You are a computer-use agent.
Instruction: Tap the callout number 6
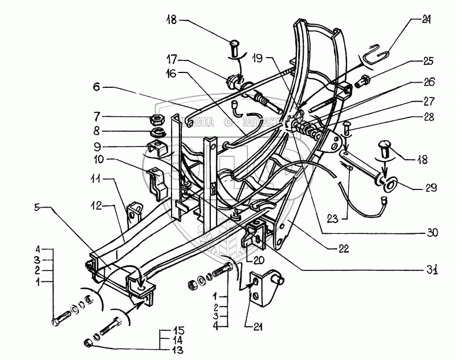click(x=96, y=88)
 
